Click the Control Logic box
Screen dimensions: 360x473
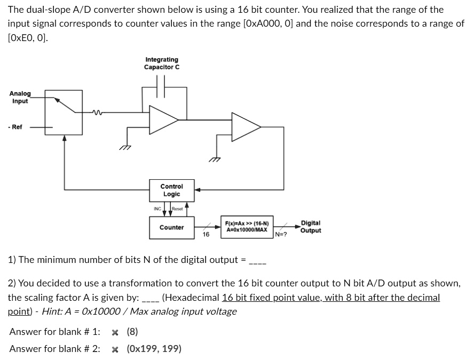click(171, 190)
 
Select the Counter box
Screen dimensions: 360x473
click(171, 227)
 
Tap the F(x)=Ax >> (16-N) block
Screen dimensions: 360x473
click(247, 226)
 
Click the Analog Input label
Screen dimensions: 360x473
click(20, 97)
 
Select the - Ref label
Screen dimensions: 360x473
click(15, 127)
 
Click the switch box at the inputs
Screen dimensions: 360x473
click(64, 112)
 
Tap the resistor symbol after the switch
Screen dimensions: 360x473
click(97, 112)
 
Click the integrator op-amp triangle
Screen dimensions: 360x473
click(162, 119)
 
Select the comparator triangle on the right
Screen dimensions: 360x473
click(244, 127)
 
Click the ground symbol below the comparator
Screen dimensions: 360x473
click(215, 158)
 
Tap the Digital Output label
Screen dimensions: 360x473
click(311, 227)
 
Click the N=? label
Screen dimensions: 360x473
click(281, 234)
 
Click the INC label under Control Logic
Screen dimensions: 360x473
click(157, 209)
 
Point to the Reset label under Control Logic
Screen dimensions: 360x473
click(177, 209)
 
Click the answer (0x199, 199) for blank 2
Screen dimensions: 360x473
click(154, 349)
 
